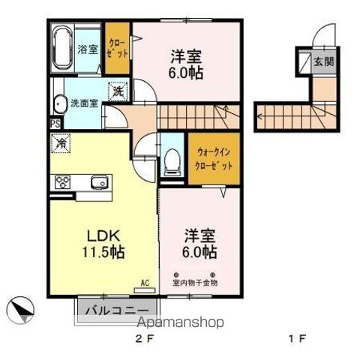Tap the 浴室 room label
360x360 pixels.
[88, 49]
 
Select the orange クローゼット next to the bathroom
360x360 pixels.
[117, 50]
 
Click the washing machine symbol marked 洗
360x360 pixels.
[118, 91]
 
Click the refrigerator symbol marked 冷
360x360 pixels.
[59, 140]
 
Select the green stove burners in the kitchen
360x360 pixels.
[61, 181]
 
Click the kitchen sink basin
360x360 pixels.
[99, 181]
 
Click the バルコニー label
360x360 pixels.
[115, 309]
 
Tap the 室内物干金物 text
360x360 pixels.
[195, 283]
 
